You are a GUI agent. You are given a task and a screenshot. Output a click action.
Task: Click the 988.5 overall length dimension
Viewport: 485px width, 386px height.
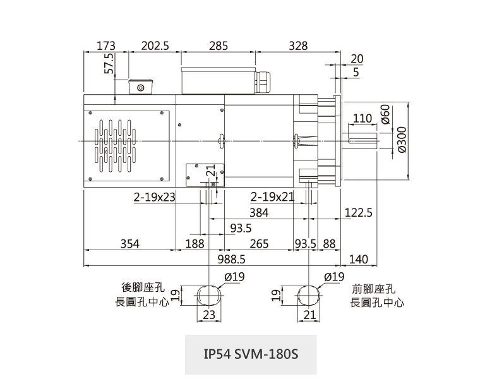click(x=231, y=260)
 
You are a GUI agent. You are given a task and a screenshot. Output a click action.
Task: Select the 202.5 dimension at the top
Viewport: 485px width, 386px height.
click(x=155, y=45)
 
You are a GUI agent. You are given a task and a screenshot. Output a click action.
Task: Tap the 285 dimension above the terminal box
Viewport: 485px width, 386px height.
click(x=218, y=45)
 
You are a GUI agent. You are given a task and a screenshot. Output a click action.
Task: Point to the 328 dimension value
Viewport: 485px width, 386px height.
click(x=297, y=45)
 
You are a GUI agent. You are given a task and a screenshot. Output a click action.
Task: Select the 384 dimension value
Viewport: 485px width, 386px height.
click(x=259, y=213)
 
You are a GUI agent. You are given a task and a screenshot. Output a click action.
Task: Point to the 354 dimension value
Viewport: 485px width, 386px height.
click(x=128, y=244)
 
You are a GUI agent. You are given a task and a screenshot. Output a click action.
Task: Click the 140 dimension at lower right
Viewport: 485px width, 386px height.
click(x=358, y=260)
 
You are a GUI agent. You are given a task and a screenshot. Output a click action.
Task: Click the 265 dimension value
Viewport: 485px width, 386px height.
click(x=259, y=244)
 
